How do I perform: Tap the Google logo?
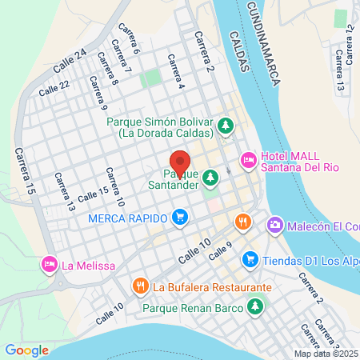point(27,350)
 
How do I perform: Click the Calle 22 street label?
point(54,86)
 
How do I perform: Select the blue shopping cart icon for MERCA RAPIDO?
point(180,218)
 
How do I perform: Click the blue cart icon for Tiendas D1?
point(250,259)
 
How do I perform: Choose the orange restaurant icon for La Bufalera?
point(141,286)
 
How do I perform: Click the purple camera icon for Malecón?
point(275,226)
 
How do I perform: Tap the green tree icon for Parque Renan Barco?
point(256,306)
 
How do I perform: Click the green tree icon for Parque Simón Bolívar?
point(226,125)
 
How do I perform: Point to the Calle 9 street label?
point(219,251)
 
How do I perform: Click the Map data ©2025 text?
point(326,354)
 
